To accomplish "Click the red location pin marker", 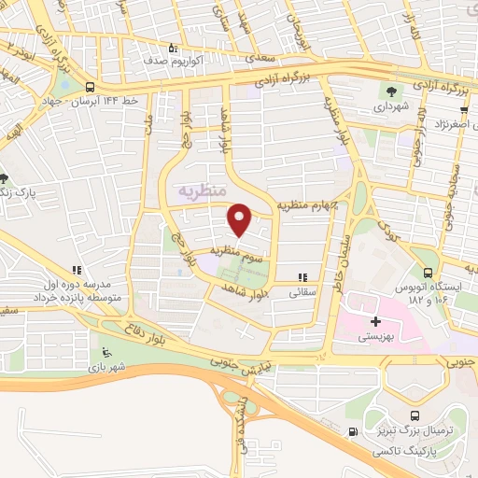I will [239, 219].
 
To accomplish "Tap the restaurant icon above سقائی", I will [302, 277].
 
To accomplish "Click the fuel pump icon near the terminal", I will [351, 431].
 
